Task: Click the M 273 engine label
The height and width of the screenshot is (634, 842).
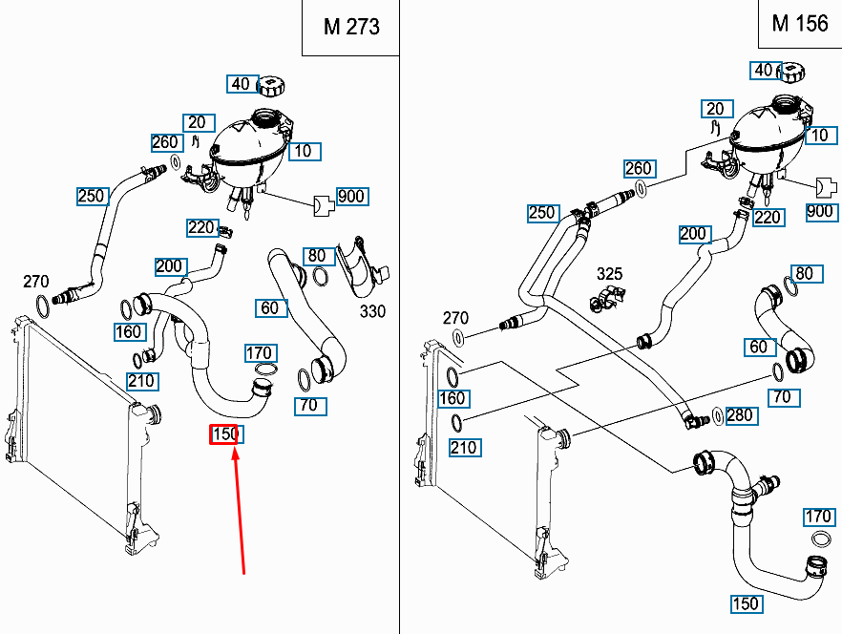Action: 350,27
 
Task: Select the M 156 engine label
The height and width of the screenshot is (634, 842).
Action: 800,23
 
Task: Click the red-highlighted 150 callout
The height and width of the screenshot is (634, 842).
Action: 226,434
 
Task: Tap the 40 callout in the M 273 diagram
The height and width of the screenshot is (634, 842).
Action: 241,84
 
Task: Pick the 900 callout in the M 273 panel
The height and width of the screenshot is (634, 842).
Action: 350,197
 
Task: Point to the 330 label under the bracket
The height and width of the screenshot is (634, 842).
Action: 372,312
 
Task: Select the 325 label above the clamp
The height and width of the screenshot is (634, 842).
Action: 609,274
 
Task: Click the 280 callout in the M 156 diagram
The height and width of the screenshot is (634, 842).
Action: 739,414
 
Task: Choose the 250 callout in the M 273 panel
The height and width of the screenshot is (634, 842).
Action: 92,196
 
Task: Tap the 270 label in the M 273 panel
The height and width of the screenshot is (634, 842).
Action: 36,281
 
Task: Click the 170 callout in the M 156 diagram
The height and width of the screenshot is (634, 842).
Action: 818,518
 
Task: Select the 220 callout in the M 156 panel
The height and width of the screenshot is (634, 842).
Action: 768,217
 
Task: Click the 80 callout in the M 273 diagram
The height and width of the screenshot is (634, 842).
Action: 317,255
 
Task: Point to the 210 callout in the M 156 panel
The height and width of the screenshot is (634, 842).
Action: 463,447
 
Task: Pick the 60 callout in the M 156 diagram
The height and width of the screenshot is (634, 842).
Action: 759,347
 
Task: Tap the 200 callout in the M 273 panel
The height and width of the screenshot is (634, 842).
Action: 169,266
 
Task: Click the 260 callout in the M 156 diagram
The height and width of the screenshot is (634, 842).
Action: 639,169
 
